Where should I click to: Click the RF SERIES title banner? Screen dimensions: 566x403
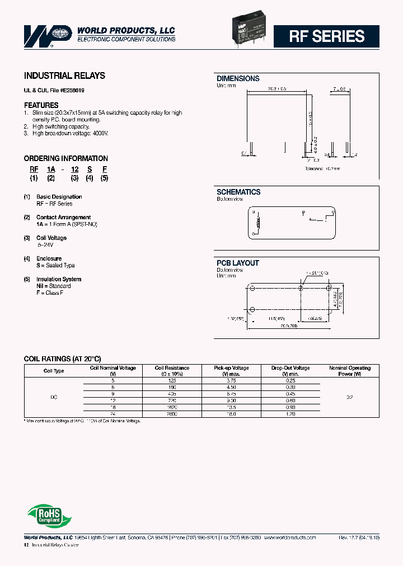(x=326, y=36)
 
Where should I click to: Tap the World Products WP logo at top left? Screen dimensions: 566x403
(x=48, y=35)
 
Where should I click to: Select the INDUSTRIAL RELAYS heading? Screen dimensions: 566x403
(x=64, y=76)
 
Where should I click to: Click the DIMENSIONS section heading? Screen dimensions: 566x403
(x=238, y=79)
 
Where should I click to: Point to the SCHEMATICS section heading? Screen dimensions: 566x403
(x=238, y=192)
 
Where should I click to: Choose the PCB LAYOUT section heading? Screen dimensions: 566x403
(x=238, y=263)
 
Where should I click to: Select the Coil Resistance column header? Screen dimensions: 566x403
(x=172, y=370)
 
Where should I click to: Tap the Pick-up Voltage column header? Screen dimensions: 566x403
(x=231, y=370)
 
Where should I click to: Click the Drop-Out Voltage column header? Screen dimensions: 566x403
(x=290, y=370)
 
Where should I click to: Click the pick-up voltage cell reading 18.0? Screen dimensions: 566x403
(x=231, y=414)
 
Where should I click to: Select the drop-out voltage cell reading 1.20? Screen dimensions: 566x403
(x=290, y=414)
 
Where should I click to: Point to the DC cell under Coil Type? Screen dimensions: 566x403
(x=54, y=397)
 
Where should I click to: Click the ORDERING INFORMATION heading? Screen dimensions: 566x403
(x=66, y=158)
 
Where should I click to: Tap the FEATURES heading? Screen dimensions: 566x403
(x=41, y=105)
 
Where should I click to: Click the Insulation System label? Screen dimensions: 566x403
(x=59, y=279)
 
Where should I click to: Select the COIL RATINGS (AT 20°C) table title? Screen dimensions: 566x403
(x=62, y=359)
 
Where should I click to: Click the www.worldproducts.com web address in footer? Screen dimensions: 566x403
(x=289, y=537)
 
